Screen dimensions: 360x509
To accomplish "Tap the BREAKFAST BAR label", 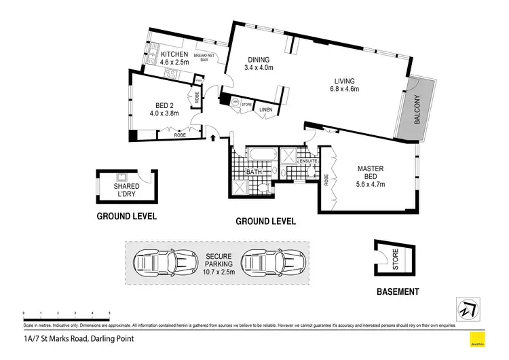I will point(204,57).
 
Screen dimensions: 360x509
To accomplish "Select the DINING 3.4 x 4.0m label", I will point(258,63).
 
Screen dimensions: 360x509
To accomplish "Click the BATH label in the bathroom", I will point(254,172).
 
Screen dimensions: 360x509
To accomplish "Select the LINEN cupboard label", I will point(266,109).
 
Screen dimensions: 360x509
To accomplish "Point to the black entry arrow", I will point(215,139).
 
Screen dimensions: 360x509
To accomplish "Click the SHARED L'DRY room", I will point(127,190).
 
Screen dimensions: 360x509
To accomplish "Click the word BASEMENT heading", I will point(397,292).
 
